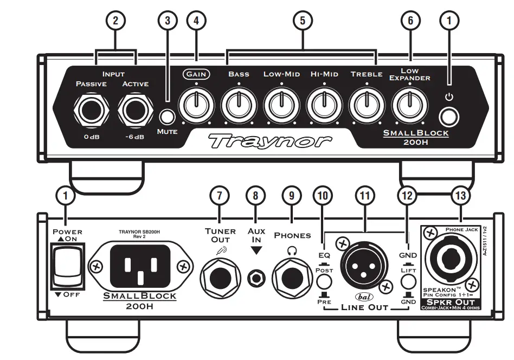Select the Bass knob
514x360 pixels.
coord(237,104)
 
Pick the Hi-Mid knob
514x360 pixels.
coord(323,104)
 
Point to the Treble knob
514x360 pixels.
coord(367,104)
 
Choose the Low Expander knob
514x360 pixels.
coord(409,104)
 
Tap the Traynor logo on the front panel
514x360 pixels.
coord(270,141)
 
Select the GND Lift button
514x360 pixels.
coord(408,281)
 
